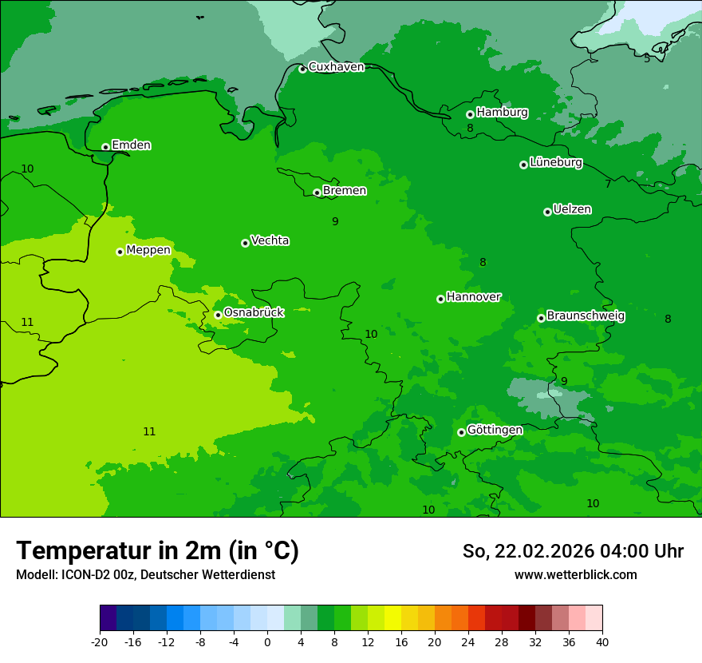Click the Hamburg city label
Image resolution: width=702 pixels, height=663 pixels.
pyautogui.click(x=502, y=113)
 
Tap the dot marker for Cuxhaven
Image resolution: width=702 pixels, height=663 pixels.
pyautogui.click(x=302, y=69)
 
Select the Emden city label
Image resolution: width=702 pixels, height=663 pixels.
pyautogui.click(x=131, y=145)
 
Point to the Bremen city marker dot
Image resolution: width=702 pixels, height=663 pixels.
pyautogui.click(x=317, y=193)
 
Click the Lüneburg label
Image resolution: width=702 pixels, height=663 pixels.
pyautogui.click(x=555, y=162)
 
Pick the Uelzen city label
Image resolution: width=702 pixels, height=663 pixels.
pyautogui.click(x=572, y=209)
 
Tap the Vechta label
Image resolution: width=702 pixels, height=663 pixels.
pyautogui.click(x=270, y=240)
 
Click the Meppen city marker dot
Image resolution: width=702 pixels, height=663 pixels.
pyautogui.click(x=120, y=252)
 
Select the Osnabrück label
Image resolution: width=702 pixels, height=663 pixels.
pyautogui.click(x=254, y=312)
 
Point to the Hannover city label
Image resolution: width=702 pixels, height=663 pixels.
pyautogui.click(x=473, y=297)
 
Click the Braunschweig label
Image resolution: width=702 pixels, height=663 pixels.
pyautogui.click(x=586, y=316)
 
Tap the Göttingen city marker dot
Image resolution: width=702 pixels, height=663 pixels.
pyautogui.click(x=461, y=432)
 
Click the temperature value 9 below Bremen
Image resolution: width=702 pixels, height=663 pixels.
pyautogui.click(x=335, y=221)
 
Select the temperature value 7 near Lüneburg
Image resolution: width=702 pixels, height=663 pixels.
pyautogui.click(x=608, y=185)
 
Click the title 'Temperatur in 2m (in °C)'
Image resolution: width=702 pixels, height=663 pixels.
pyautogui.click(x=157, y=550)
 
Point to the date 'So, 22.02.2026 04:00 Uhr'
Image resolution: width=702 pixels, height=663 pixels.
pyautogui.click(x=573, y=551)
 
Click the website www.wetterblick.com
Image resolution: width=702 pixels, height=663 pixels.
pyautogui.click(x=575, y=575)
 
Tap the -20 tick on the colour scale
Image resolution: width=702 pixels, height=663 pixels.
pyautogui.click(x=100, y=642)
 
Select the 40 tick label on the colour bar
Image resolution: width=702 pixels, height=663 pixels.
pyautogui.click(x=602, y=642)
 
